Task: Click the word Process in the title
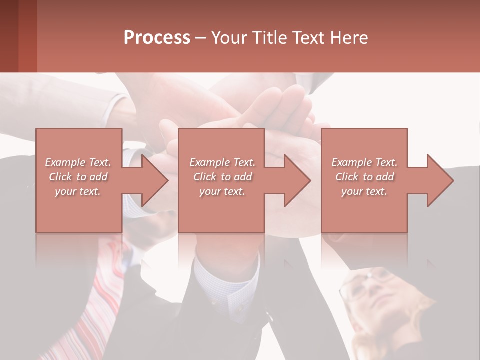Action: click(x=157, y=38)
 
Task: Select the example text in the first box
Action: click(x=78, y=177)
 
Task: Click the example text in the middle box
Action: click(x=222, y=177)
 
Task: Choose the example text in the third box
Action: click(x=364, y=177)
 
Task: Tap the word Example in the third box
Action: click(x=350, y=162)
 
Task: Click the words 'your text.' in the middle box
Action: click(x=222, y=191)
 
